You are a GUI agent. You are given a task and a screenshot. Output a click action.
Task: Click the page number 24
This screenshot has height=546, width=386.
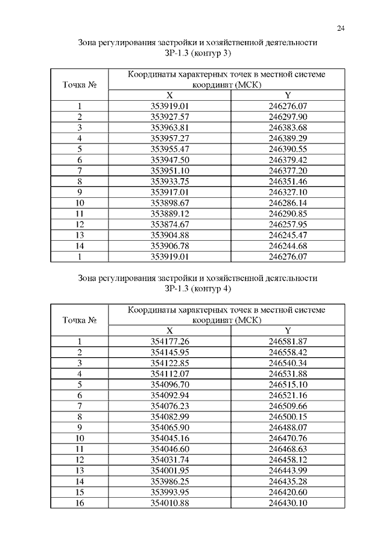[341, 28]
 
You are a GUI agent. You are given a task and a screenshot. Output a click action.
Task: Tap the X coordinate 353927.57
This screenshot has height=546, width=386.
[169, 116]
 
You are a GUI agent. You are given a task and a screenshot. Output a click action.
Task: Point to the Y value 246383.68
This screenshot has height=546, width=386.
[288, 127]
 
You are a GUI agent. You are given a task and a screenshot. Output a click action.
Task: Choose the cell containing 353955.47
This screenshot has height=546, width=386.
[169, 148]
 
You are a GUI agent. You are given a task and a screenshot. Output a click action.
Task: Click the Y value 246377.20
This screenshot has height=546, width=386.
[288, 170]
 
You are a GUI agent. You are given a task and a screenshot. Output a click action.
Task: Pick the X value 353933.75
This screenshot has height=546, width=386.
[169, 181]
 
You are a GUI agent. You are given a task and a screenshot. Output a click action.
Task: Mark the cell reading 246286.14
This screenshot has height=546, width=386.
[288, 203]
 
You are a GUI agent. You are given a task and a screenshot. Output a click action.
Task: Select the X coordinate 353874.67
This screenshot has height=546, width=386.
[169, 224]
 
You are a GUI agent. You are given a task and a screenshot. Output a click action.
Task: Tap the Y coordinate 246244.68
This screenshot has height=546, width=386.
[288, 246]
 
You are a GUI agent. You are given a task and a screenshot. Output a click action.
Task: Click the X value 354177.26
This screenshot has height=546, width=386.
[169, 341]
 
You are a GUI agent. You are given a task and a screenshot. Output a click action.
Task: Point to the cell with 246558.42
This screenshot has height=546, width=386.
[288, 352]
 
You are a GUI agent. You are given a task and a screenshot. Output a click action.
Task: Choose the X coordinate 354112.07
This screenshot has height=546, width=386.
[169, 373]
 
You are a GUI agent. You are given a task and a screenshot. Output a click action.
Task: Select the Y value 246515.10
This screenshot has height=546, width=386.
[288, 384]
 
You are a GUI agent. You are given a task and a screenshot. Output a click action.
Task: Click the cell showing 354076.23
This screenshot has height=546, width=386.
[169, 406]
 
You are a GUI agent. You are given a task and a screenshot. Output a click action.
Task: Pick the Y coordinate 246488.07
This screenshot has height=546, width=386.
[288, 427]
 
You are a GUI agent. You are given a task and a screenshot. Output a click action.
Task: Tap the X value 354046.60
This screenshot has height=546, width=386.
[169, 449]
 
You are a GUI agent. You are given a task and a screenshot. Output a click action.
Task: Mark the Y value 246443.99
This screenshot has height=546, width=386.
[288, 471]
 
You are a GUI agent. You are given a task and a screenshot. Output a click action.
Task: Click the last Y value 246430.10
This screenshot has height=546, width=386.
[288, 503]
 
